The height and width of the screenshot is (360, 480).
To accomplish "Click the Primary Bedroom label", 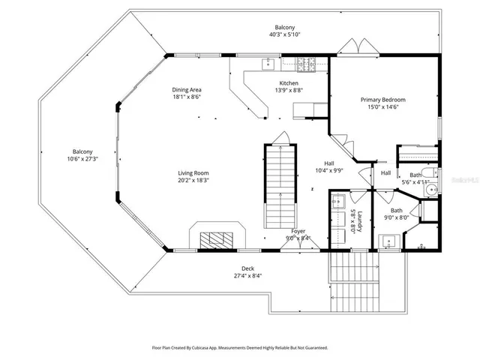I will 382,100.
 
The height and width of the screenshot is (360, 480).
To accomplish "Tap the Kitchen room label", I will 289,83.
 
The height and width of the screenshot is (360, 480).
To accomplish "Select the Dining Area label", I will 186,88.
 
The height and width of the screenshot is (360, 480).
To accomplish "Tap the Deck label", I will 247,268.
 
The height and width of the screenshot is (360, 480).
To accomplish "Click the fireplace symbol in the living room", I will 219,239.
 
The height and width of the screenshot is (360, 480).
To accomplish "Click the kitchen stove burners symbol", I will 306,64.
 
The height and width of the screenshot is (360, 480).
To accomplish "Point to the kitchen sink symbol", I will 268,64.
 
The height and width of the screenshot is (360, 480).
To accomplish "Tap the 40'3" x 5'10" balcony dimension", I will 284,34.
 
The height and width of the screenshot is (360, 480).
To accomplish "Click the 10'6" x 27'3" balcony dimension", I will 82,159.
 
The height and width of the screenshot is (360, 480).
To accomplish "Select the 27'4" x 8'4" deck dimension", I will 247,275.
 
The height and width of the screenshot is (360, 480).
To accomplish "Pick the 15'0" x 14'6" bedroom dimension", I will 382,108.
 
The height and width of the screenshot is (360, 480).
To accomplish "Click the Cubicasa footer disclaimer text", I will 240,347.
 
